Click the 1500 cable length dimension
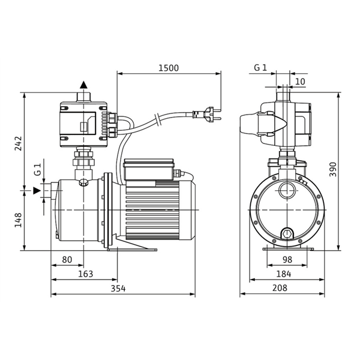point(169,68)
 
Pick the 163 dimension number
point(86,274)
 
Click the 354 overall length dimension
point(119,288)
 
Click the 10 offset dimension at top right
point(300,82)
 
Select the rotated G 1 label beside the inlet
point(37,170)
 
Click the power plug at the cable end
point(208,111)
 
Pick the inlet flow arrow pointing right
point(37,190)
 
